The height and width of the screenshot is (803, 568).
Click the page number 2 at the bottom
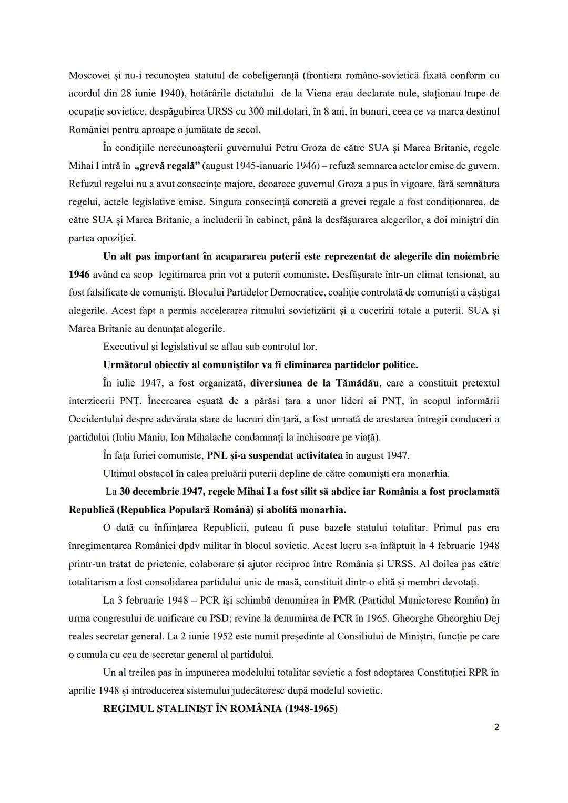[x=496, y=727]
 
